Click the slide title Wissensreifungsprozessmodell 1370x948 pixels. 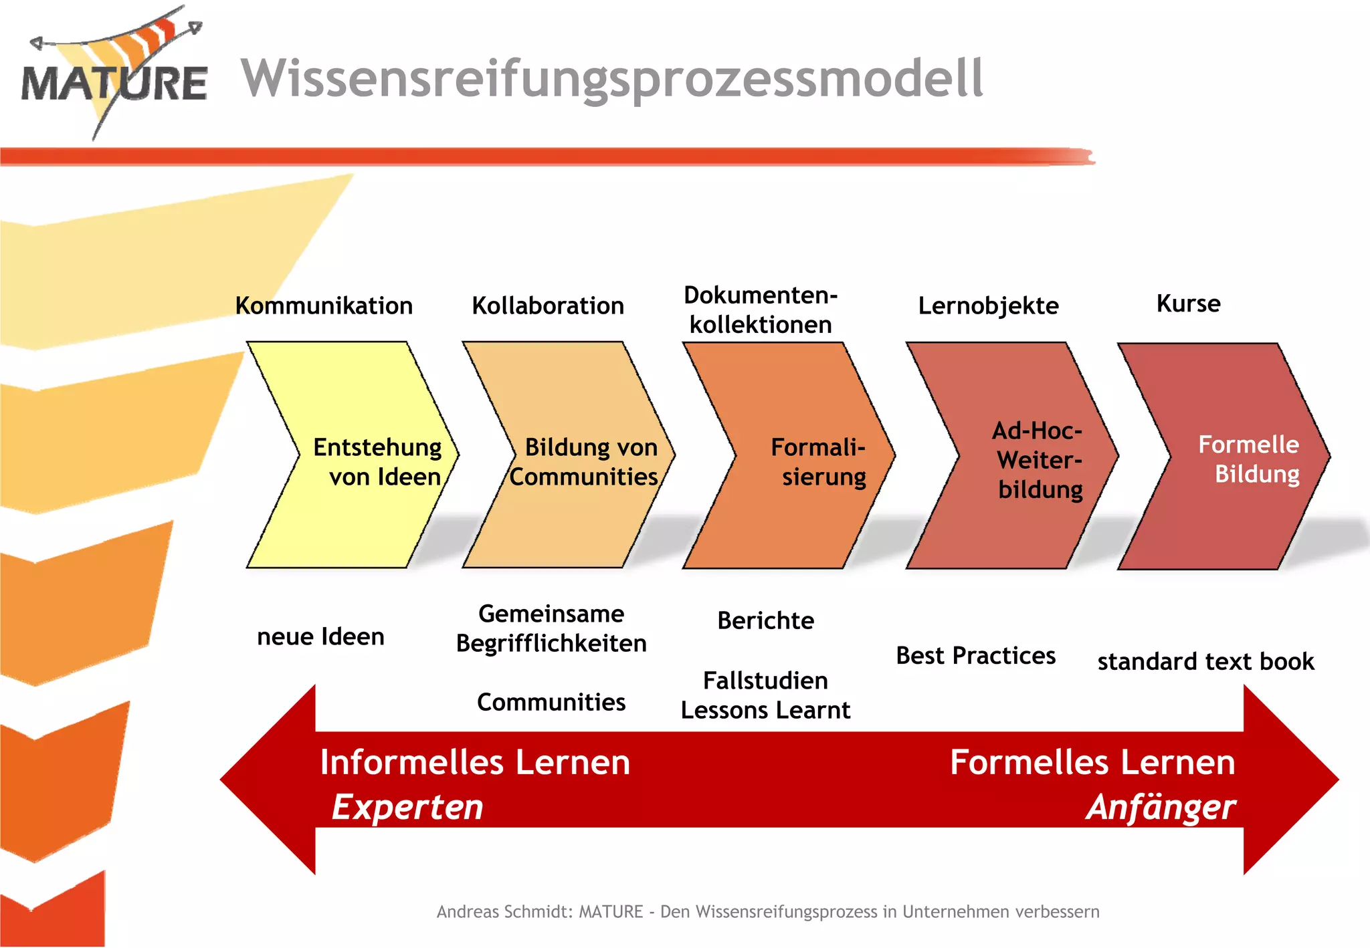[x=611, y=79]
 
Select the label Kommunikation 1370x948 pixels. [x=324, y=306]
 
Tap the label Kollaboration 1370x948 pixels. [x=548, y=306]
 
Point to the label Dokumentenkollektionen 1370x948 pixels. [x=761, y=310]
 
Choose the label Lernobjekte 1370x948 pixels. [x=988, y=306]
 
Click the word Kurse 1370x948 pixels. [x=1188, y=304]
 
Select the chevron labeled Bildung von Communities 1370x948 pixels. [x=575, y=461]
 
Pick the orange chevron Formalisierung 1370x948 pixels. [x=796, y=461]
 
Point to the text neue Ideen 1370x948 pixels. [x=320, y=636]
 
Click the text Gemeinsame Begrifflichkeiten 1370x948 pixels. [x=551, y=628]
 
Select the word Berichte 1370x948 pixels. [x=765, y=620]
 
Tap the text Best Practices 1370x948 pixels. [x=975, y=656]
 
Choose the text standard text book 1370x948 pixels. [x=1205, y=661]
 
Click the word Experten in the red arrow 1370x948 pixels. [x=407, y=807]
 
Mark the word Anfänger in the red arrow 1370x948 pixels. [x=1161, y=807]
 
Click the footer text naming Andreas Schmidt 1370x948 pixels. [x=767, y=912]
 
